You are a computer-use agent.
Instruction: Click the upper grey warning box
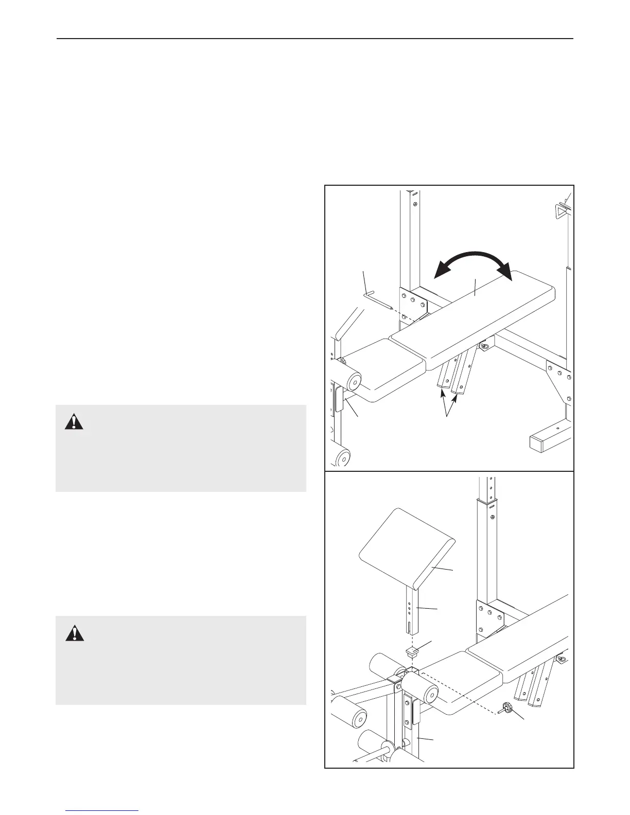[x=181, y=448]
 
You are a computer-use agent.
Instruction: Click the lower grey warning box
[x=181, y=660]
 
